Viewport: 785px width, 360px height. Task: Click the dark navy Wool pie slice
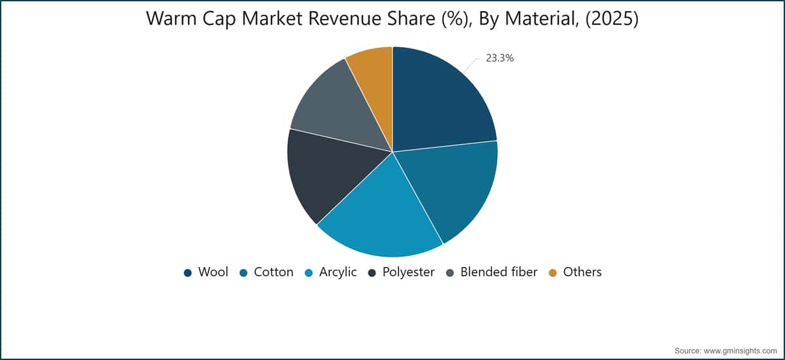(438, 101)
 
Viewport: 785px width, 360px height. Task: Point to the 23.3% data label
(499, 58)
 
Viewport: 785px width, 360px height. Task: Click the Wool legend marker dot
(188, 273)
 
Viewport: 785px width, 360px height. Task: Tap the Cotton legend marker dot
(243, 273)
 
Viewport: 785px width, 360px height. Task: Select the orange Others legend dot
(553, 273)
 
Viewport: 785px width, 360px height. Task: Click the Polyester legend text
(408, 272)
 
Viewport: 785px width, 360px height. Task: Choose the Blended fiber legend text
(498, 272)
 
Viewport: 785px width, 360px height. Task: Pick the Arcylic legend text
(338, 272)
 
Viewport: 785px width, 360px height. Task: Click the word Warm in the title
(171, 18)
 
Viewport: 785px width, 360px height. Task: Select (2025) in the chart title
(612, 18)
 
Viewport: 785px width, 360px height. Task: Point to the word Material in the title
(542, 18)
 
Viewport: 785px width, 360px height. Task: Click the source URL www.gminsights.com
(740, 351)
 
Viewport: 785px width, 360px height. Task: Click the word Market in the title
(272, 18)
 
